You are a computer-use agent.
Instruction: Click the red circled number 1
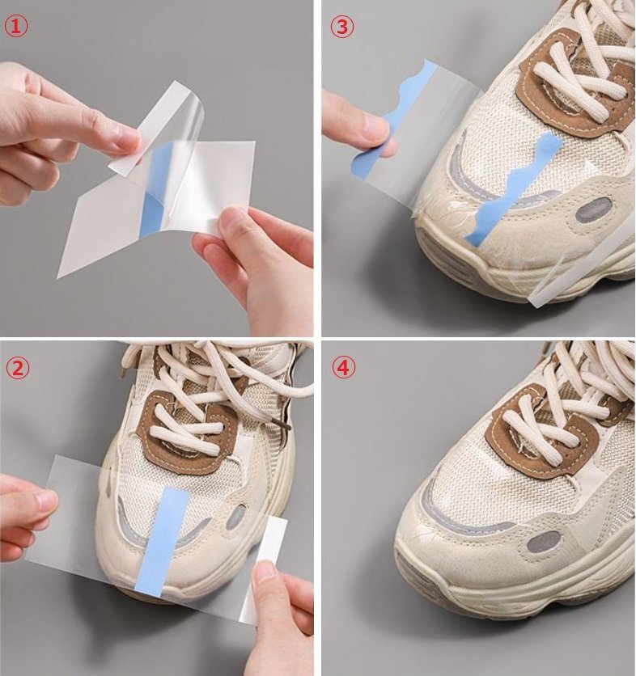point(15,27)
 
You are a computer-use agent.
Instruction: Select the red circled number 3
point(342,27)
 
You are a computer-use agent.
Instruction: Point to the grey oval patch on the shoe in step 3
point(594,210)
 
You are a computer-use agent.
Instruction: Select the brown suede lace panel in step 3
point(574,82)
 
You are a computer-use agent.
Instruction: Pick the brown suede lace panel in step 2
point(188,434)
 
